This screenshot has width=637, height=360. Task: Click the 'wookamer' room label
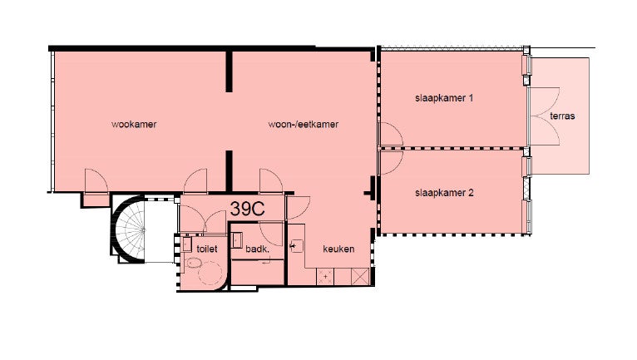click(134, 125)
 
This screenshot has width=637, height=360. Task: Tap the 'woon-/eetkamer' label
click(303, 125)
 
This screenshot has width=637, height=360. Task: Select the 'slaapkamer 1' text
click(444, 98)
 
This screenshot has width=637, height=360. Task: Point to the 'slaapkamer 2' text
click(444, 193)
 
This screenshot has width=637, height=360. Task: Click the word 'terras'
click(562, 116)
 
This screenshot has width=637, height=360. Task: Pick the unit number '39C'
click(248, 209)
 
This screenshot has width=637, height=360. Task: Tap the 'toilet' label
click(207, 249)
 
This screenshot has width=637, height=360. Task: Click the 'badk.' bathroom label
click(257, 249)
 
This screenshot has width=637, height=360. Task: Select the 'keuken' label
click(338, 249)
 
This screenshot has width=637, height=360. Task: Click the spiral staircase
click(129, 229)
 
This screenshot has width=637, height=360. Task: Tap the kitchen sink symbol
click(297, 245)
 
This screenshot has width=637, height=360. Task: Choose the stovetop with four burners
click(325, 277)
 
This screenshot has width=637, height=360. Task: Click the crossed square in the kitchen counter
click(360, 277)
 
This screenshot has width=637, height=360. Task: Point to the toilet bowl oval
click(194, 264)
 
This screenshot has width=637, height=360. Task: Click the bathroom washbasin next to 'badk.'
click(236, 239)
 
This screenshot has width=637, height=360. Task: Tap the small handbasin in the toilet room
click(187, 244)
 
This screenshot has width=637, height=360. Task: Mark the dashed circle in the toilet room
click(210, 274)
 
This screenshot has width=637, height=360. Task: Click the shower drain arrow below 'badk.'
click(267, 263)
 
